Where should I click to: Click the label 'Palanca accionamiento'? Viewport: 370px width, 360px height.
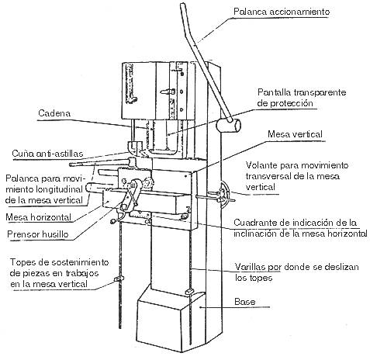(x=282, y=12)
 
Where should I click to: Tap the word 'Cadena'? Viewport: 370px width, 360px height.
(x=54, y=113)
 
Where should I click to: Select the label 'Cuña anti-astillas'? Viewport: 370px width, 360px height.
(x=47, y=154)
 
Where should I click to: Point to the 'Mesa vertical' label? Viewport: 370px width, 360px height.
(x=295, y=134)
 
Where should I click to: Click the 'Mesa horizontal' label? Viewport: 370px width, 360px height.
(x=38, y=217)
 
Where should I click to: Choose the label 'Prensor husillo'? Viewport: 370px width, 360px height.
(x=38, y=234)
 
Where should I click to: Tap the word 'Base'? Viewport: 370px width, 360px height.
(x=244, y=302)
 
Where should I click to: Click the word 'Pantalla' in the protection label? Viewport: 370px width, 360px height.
(x=274, y=92)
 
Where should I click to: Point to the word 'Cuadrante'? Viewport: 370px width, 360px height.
(x=254, y=223)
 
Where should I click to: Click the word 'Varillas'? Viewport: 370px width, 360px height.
(x=251, y=267)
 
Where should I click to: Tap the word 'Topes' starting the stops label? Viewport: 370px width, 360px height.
(x=22, y=262)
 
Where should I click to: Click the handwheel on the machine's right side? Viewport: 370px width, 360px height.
(x=223, y=194)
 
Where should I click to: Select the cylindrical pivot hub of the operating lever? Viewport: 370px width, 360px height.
(x=229, y=126)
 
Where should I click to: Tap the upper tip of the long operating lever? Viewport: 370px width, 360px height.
(x=183, y=5)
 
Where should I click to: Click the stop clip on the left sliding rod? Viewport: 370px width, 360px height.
(x=119, y=279)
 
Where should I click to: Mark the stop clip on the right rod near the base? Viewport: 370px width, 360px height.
(x=189, y=291)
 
